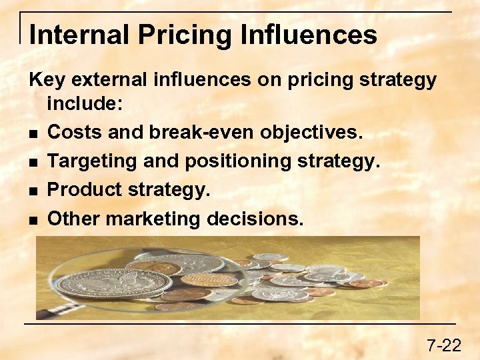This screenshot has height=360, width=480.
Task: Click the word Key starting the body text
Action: pyautogui.click(x=47, y=80)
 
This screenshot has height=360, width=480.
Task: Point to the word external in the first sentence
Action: pyautogui.click(x=109, y=80)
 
